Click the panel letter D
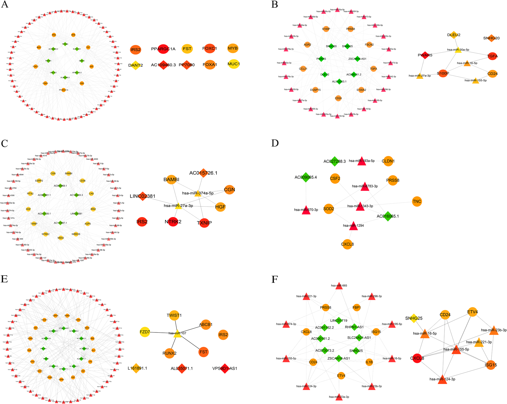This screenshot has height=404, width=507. tap(275, 143)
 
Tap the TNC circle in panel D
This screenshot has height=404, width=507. tap(417, 202)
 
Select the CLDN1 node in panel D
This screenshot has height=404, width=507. tap(388, 161)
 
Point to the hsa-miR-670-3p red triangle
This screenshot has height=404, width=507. tap(306, 210)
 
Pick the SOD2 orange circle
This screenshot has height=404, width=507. tap(329, 209)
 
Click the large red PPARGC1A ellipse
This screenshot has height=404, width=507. tap(163, 49)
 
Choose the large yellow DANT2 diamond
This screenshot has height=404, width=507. tap(136, 65)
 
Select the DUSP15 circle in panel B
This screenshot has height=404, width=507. tap(315, 90)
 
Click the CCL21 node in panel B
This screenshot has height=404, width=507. tap(303, 69)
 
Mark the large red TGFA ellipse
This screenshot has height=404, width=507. tap(492, 56)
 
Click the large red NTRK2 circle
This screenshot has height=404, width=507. tap(173, 221)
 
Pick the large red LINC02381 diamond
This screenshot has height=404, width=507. tap(143, 196)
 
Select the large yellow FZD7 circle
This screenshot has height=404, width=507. tap(145, 332)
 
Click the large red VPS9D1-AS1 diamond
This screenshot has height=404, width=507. tap(225, 368)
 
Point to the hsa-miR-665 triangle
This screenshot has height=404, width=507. tap(339, 286)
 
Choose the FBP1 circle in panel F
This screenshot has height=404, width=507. tap(357, 308)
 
